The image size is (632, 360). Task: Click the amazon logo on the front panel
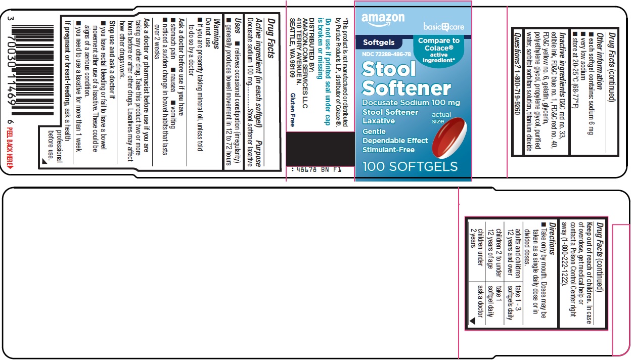coord(383,19)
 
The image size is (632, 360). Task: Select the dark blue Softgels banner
coord(379,42)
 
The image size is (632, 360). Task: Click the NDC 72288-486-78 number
coord(386,54)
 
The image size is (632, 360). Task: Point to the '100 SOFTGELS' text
coord(410,166)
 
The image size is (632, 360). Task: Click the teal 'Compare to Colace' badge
coord(438,50)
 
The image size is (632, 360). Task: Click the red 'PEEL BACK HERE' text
coord(10,148)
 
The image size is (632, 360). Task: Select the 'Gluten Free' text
coord(293,110)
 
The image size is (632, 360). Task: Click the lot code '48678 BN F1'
coord(317,169)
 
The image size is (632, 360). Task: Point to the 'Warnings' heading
coord(217,33)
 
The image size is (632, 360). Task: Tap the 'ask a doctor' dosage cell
coord(480,301)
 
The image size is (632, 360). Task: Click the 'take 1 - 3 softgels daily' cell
coord(514,302)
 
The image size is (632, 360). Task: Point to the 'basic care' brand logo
coord(444,27)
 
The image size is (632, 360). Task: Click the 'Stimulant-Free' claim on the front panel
coord(388,150)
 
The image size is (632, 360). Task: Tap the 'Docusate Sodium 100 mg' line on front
coord(411,103)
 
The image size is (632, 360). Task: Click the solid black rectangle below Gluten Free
coord(320,149)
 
